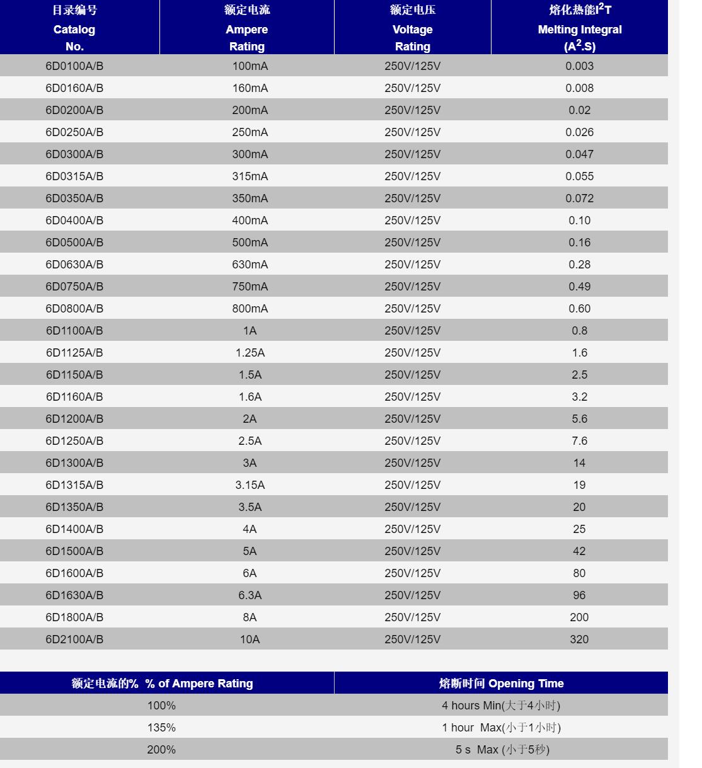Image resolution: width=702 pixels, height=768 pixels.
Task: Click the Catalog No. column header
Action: pyautogui.click(x=74, y=29)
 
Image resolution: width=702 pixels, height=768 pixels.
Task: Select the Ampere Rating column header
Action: pyautogui.click(x=247, y=29)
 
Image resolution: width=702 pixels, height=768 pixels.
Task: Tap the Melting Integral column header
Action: pyautogui.click(x=579, y=29)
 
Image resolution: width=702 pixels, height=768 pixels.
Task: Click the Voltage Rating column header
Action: pyautogui.click(x=413, y=29)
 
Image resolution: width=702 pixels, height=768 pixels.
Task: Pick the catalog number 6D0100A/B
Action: pyautogui.click(x=74, y=66)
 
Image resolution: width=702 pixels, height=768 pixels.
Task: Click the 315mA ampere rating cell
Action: pyautogui.click(x=250, y=176)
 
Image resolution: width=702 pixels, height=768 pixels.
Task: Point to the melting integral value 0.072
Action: pyautogui.click(x=579, y=198)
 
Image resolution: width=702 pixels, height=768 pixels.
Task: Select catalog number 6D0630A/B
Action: pyautogui.click(x=74, y=265)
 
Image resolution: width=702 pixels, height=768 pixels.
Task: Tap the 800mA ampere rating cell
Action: pyautogui.click(x=250, y=309)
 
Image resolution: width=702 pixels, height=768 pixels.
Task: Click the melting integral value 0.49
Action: pyautogui.click(x=579, y=287)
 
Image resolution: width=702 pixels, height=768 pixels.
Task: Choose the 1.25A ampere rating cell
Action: pyautogui.click(x=250, y=353)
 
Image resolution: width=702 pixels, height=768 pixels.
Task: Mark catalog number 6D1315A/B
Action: pyautogui.click(x=74, y=485)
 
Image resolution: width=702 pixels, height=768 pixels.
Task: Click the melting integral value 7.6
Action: pyautogui.click(x=579, y=441)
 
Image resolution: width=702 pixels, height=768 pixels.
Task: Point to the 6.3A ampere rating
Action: pyautogui.click(x=250, y=595)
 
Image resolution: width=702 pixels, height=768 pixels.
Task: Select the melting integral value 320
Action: pyautogui.click(x=579, y=639)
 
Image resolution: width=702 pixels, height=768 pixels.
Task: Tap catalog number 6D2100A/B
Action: pyautogui.click(x=74, y=639)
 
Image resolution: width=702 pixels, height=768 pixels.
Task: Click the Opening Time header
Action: pyautogui.click(x=501, y=684)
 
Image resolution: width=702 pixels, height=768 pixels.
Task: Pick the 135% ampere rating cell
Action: pyautogui.click(x=161, y=728)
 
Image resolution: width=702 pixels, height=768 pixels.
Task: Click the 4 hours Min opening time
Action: pyautogui.click(x=501, y=706)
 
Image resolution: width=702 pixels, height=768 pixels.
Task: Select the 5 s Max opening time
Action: pyautogui.click(x=502, y=750)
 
